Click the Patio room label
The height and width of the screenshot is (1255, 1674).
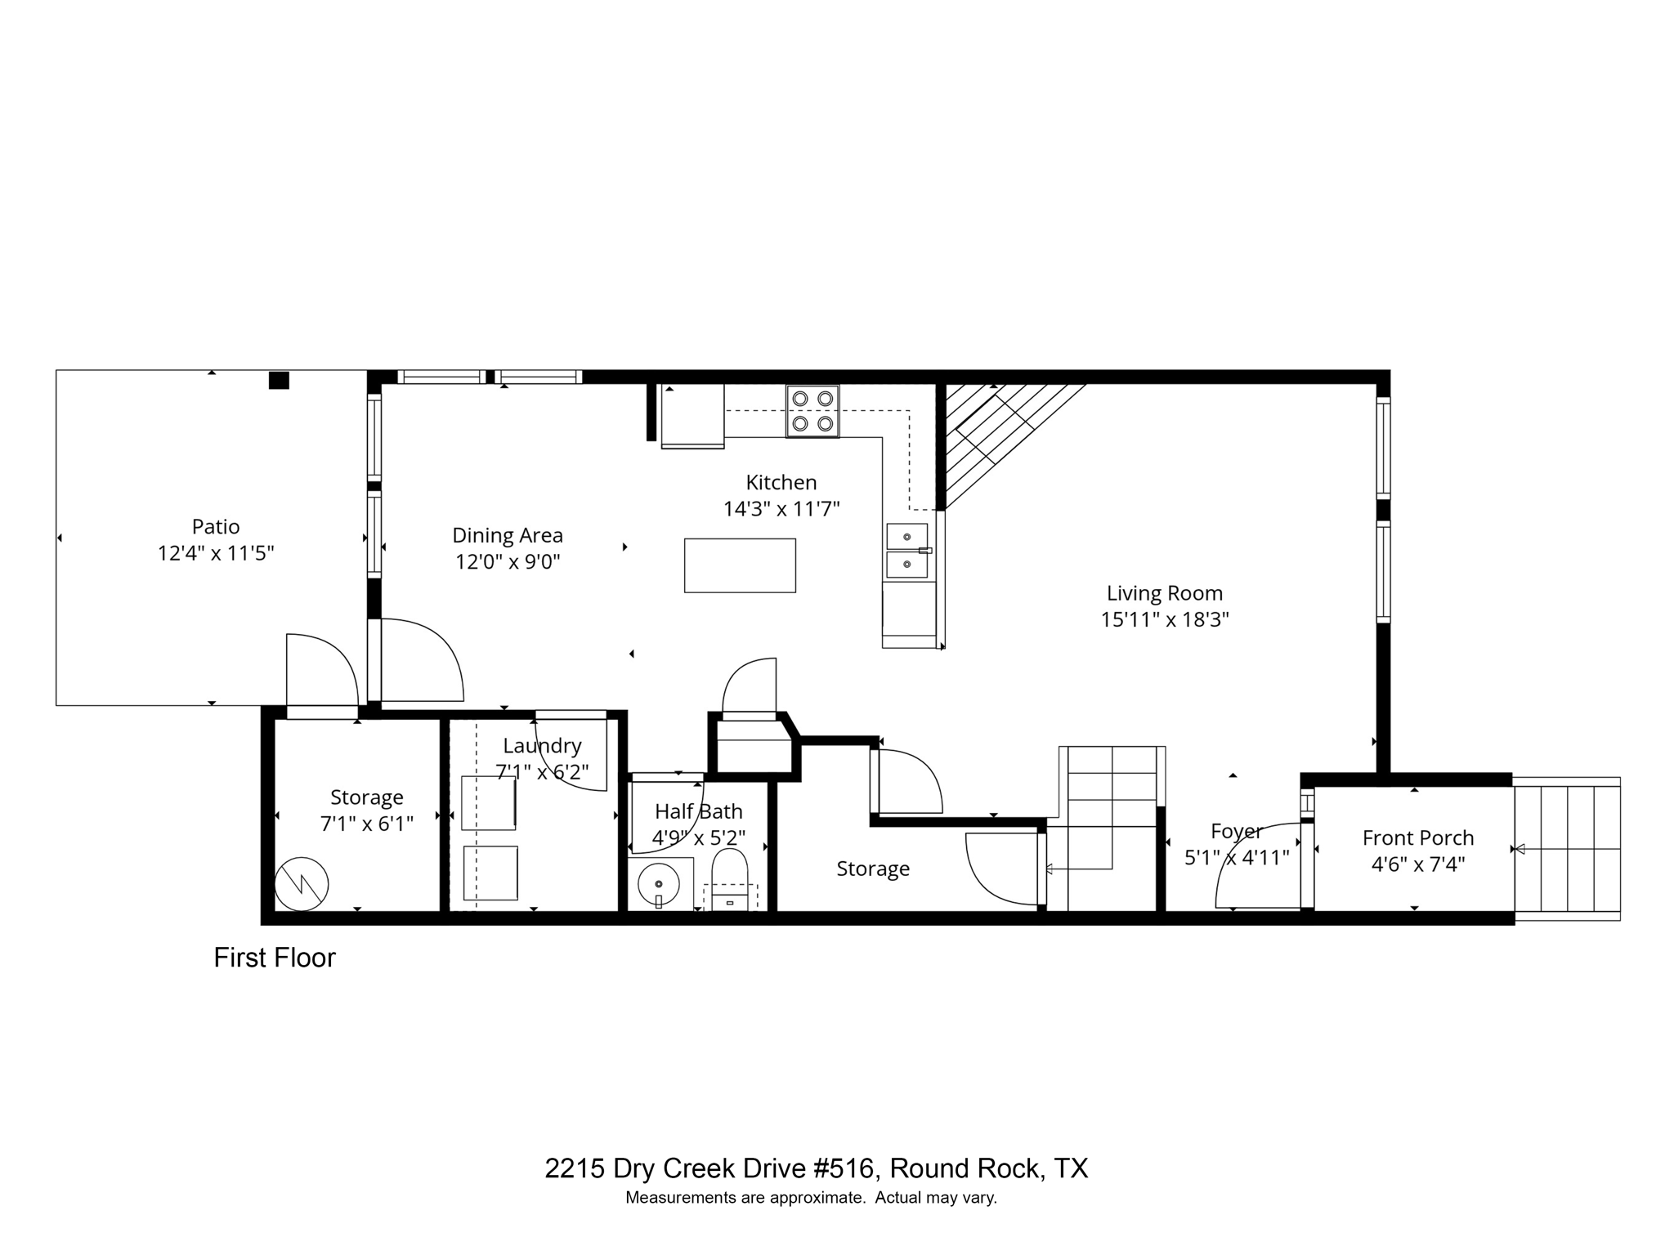(x=216, y=526)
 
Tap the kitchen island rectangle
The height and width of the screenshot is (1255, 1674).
(x=740, y=565)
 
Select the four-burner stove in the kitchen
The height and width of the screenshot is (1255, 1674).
(x=812, y=411)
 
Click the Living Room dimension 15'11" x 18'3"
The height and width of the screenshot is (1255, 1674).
(x=1165, y=619)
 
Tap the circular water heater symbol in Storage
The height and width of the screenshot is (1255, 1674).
(x=302, y=884)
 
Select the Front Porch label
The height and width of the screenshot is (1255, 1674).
(x=1418, y=837)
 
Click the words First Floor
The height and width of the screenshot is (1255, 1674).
(x=275, y=958)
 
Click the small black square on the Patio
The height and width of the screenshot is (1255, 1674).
(x=280, y=381)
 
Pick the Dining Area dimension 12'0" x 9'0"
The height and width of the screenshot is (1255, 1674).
(x=508, y=562)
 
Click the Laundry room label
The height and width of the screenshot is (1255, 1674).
(x=542, y=745)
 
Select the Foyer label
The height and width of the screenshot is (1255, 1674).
(x=1236, y=831)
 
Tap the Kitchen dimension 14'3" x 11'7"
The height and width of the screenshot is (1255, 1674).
(x=781, y=509)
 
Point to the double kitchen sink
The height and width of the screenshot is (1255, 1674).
(x=907, y=551)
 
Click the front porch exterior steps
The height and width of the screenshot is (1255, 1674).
(x=1567, y=849)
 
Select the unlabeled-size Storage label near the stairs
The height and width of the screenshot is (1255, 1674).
(x=873, y=869)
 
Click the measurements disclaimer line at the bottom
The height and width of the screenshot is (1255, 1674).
(x=811, y=1199)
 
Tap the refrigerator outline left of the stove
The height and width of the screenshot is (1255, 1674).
(x=692, y=417)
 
